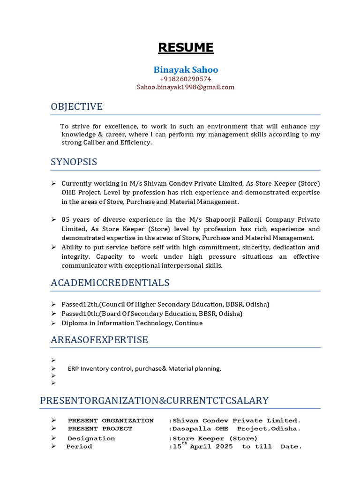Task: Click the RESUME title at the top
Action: [x=186, y=47]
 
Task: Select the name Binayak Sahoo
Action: [x=186, y=70]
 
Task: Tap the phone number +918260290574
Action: [x=186, y=79]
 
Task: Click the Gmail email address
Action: [x=186, y=87]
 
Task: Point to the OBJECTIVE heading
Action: [x=76, y=107]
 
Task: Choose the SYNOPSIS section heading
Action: [x=74, y=162]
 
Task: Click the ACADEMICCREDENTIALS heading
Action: [x=110, y=283]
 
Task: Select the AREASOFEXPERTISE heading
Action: [x=99, y=340]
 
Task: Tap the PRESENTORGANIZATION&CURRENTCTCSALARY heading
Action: [x=154, y=400]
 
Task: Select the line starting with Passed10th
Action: [x=152, y=314]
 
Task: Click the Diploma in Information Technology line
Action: [x=132, y=323]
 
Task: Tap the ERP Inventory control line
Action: [x=144, y=368]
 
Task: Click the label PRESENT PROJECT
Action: [x=100, y=429]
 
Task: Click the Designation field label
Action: [x=91, y=439]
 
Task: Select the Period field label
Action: [x=79, y=447]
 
